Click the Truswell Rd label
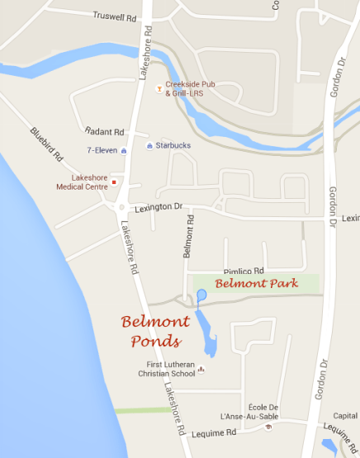[x=114, y=17]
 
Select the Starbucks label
[x=173, y=146]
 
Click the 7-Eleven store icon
[x=124, y=150]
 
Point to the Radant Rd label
[x=104, y=131]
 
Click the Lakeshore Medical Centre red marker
[x=114, y=182]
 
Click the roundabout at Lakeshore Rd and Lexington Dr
[x=121, y=208]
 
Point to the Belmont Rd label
[x=188, y=234]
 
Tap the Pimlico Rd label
[x=244, y=271]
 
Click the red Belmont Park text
[x=253, y=283]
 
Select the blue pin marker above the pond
[x=201, y=295]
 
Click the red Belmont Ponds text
[x=155, y=330]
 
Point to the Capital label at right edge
[x=345, y=416]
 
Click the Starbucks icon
[x=149, y=146]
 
